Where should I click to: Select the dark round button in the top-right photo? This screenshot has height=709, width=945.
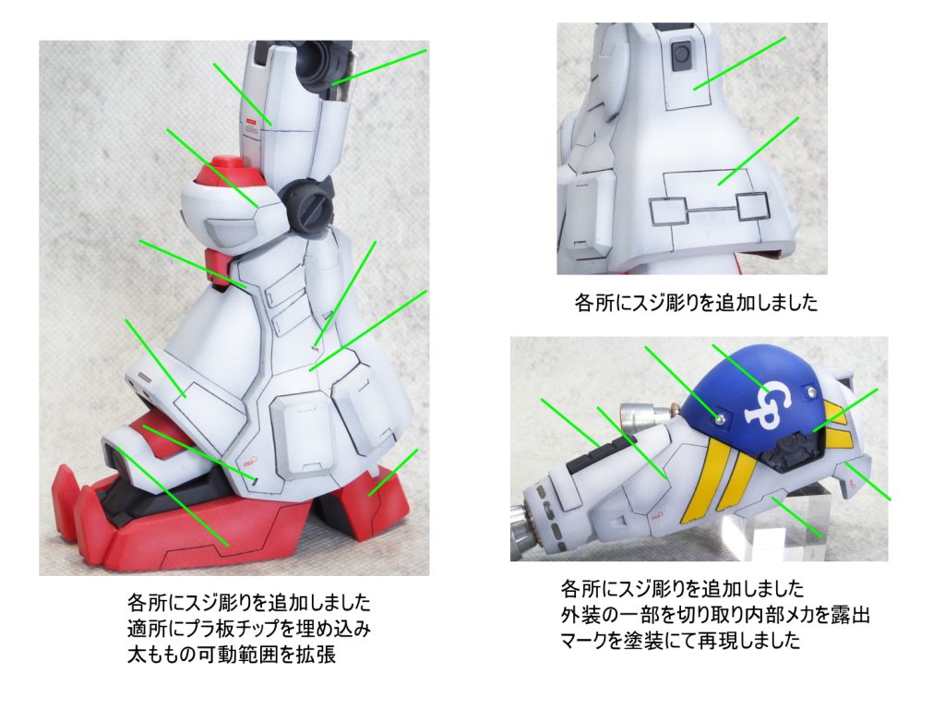[x=681, y=54]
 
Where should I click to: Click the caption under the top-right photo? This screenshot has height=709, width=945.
[x=696, y=302]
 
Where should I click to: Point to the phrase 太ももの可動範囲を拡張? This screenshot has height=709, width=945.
[x=232, y=655]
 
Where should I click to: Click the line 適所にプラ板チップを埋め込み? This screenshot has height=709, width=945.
[x=248, y=628]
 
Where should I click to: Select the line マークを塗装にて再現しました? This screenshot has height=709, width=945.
[x=680, y=640]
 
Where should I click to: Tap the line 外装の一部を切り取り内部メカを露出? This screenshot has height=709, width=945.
[x=715, y=614]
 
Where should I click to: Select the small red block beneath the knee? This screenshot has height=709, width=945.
[x=216, y=265]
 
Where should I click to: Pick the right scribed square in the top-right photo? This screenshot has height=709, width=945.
[x=752, y=206]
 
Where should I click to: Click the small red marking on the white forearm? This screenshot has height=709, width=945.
[x=657, y=515]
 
